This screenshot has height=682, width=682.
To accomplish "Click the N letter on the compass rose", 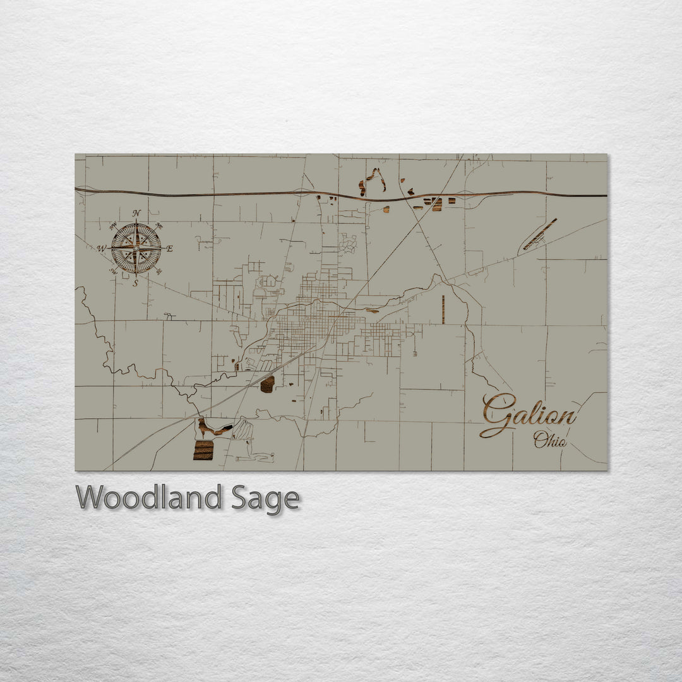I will pyautogui.click(x=136, y=213).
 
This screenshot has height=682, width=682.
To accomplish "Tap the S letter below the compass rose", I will pyautogui.click(x=136, y=284).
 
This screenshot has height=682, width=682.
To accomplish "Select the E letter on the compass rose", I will pyautogui.click(x=170, y=249).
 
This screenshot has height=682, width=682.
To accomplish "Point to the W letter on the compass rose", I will pyautogui.click(x=101, y=249).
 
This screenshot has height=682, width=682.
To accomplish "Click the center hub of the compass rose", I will pyautogui.click(x=136, y=248).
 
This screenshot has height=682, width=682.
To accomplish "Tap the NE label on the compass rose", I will pyautogui.click(x=159, y=226).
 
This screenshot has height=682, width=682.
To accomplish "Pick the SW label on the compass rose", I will pyautogui.click(x=114, y=272).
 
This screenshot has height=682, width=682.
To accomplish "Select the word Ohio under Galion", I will pyautogui.click(x=549, y=440).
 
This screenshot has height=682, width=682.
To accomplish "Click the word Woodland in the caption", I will pyautogui.click(x=148, y=498).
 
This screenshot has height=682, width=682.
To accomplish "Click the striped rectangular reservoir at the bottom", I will pyautogui.click(x=203, y=450).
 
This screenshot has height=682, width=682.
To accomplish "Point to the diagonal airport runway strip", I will pyautogui.click(x=540, y=234).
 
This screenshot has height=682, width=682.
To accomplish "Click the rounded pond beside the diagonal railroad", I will pyautogui.click(x=267, y=384).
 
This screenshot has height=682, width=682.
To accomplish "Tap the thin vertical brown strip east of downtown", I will pyautogui.click(x=443, y=309).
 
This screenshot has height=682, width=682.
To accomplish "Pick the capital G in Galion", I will pyautogui.click(x=496, y=414).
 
